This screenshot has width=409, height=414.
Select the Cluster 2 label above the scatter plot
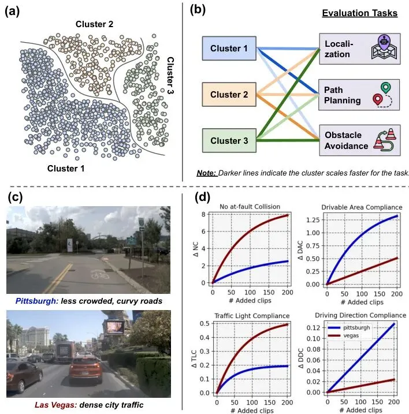tap(95, 24)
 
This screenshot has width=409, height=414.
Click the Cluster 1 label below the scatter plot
tap(65, 169)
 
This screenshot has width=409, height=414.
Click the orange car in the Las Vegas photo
tap(83, 367)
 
